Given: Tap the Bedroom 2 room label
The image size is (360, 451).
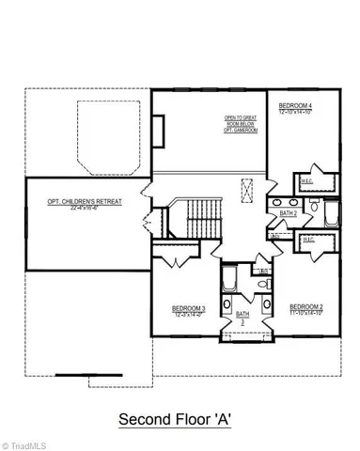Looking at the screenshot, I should [x=306, y=306].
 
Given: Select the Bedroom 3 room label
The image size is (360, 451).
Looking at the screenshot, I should [x=189, y=307].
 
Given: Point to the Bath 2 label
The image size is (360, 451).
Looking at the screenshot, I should [x=289, y=214].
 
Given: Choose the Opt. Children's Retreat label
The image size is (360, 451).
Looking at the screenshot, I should [x=85, y=201].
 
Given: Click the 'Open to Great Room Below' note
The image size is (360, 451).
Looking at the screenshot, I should [x=240, y=120].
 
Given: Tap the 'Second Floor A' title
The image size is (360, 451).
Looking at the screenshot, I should [x=180, y=419].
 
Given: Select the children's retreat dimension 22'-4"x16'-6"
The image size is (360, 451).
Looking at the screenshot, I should [x=85, y=208].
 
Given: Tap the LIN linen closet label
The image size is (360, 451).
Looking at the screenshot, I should [x=264, y=271].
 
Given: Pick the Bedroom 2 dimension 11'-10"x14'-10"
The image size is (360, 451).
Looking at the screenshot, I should [x=306, y=312].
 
